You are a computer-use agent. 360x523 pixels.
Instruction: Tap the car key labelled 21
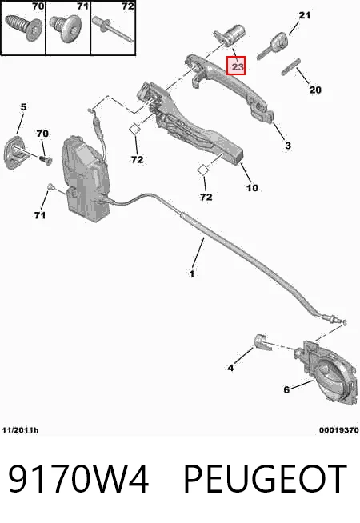pos(271,46)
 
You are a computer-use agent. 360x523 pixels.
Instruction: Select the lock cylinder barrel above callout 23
pos(230,35)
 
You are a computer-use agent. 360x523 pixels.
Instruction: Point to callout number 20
pos(315,90)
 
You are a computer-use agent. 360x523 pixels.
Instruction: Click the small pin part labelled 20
pos(291,66)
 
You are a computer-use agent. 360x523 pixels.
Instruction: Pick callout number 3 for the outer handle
pos(288,146)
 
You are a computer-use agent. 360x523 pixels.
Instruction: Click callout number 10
pos(252,188)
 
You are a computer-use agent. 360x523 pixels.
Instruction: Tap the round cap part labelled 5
pos(15,152)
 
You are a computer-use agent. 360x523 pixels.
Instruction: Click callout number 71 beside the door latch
pos(40,215)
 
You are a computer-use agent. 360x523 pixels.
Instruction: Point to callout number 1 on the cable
pos(191,274)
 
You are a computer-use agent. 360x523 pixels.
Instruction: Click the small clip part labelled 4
pos(262,342)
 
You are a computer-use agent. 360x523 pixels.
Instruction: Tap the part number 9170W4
pos(78,479)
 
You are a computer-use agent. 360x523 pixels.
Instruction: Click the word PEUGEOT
pos(266,479)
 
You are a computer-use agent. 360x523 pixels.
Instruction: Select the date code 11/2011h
pos(20,430)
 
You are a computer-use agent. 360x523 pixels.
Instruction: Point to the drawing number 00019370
pos(339,430)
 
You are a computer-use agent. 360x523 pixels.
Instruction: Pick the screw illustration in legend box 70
pos(23,27)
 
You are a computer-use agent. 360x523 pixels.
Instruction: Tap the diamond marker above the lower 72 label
pos(202,170)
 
